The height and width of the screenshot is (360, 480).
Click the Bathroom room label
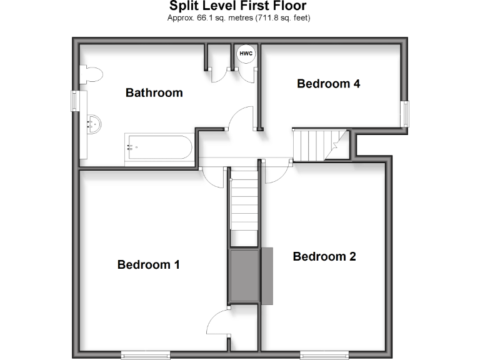click(x=154, y=93)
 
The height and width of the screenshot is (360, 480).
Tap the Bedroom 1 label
click(x=149, y=264)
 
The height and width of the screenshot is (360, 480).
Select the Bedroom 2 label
click(x=324, y=256)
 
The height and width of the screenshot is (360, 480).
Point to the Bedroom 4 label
click(x=328, y=84)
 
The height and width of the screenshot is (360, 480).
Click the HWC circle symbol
click(x=246, y=54)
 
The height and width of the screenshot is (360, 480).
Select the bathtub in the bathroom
click(x=157, y=148)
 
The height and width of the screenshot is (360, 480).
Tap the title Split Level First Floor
click(x=238, y=7)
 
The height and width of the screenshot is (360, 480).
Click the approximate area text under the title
click(x=239, y=18)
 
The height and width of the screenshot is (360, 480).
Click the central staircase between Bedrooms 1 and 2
click(x=244, y=203)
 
